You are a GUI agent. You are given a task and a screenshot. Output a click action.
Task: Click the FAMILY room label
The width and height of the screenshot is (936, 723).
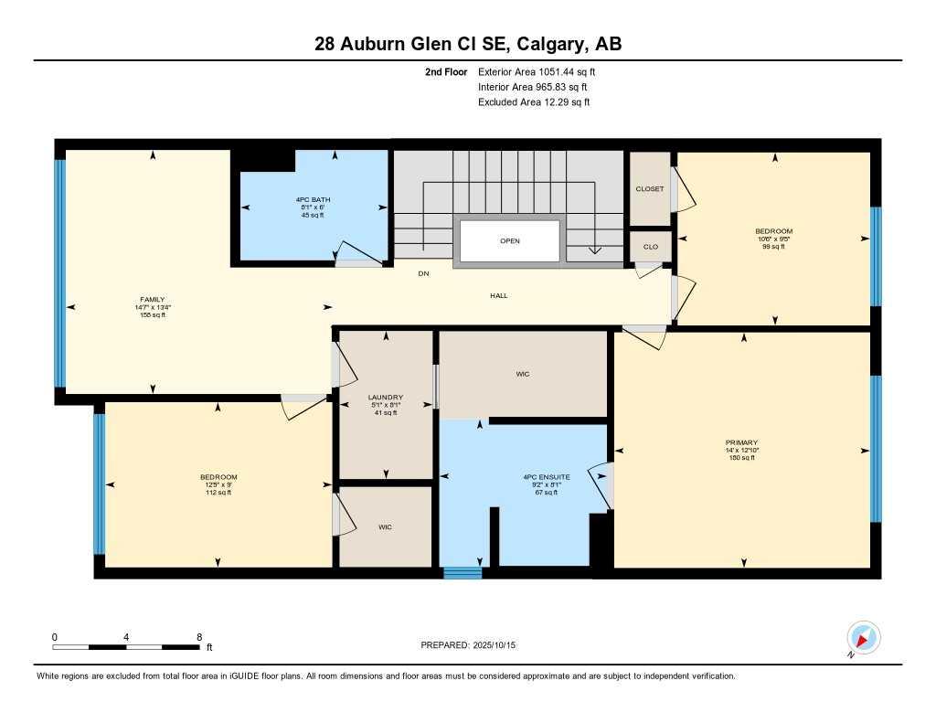pyautogui.click(x=152, y=299)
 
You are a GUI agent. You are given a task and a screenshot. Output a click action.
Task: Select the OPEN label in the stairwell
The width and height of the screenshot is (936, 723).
pyautogui.click(x=509, y=242)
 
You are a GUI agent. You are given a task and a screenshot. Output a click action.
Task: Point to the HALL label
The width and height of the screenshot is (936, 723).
pyautogui.click(x=498, y=295)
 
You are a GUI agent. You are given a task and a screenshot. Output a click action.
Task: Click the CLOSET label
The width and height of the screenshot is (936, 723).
pyautogui.click(x=650, y=189)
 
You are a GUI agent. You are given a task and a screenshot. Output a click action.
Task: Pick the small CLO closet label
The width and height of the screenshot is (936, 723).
pyautogui.click(x=650, y=247)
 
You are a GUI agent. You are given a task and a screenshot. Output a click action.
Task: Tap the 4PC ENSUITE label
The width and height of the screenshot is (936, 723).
pyautogui.click(x=540, y=477)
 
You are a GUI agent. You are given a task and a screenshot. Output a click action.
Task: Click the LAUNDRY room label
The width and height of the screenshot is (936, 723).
pyautogui.click(x=385, y=398)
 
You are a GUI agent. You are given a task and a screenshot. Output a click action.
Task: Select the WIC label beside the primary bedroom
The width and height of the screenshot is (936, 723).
pyautogui.click(x=522, y=374)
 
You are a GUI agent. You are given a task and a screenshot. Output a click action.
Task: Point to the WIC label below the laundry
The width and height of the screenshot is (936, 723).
pyautogui.click(x=385, y=526)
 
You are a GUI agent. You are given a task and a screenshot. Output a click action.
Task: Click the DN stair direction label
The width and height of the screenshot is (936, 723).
pyautogui.click(x=423, y=273)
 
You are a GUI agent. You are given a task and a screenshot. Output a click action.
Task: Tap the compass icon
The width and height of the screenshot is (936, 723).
pyautogui.click(x=863, y=637)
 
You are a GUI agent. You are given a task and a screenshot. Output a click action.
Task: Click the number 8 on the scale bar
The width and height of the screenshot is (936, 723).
pyautogui.click(x=198, y=636)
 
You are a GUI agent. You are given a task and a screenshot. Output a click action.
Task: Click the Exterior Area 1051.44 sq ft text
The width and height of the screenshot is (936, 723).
pyautogui.click(x=538, y=71)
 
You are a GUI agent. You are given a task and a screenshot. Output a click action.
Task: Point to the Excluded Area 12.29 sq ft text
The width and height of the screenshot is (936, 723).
pyautogui.click(x=533, y=102)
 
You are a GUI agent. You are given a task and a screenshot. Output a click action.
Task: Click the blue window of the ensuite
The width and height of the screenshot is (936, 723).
pyautogui.click(x=462, y=573)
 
